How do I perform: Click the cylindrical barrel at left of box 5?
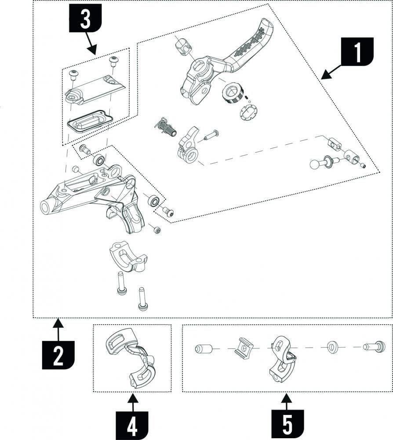203,349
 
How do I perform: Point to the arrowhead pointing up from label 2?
58,324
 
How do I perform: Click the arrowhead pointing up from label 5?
287,399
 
